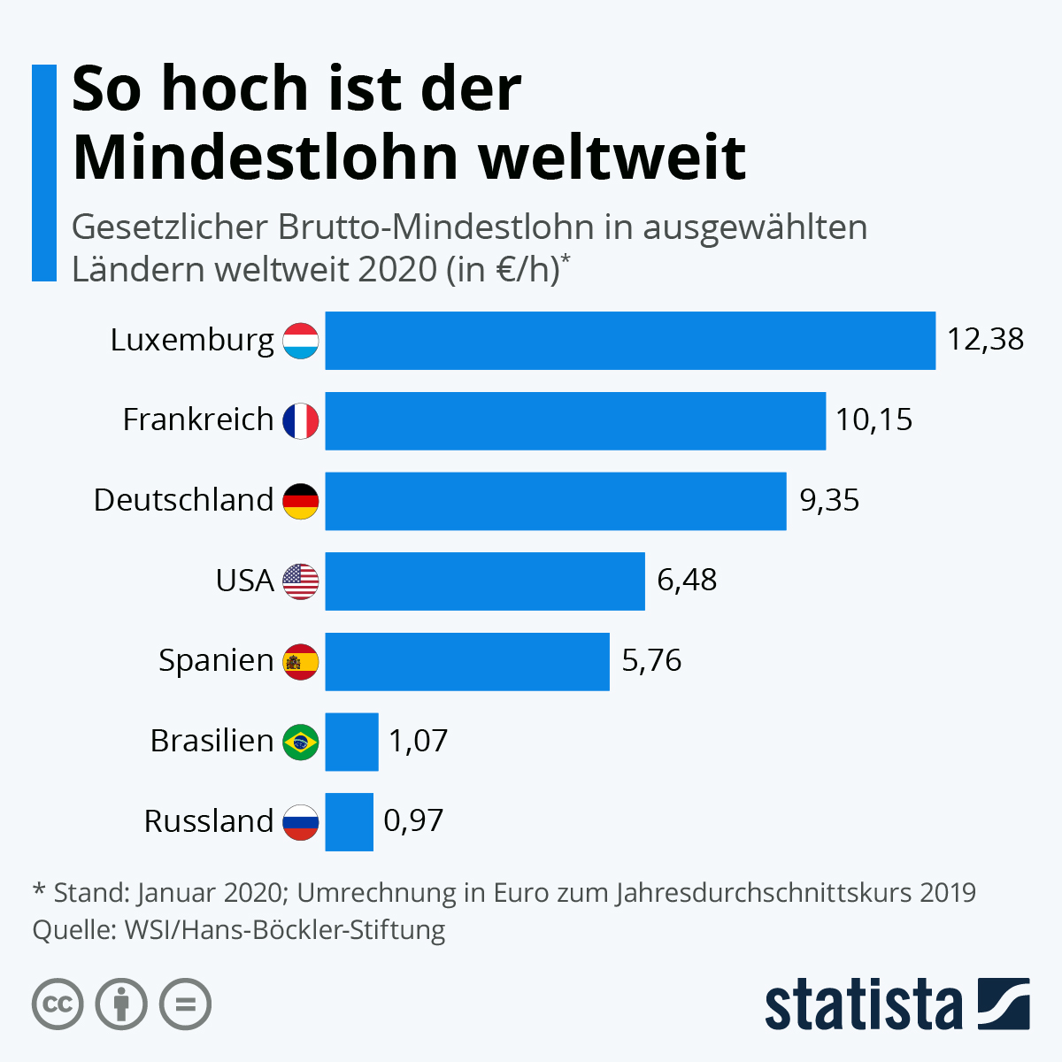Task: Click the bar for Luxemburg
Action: click(x=630, y=341)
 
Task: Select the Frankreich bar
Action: click(x=575, y=421)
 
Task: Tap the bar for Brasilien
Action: click(x=351, y=742)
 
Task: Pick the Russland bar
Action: click(x=349, y=822)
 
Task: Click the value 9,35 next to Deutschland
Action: click(x=829, y=501)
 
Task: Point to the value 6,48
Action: click(x=687, y=581)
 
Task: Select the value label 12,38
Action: click(x=985, y=340)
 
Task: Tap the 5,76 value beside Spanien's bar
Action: click(x=651, y=661)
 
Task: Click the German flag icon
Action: click(x=301, y=502)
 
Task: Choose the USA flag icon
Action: click(x=301, y=581)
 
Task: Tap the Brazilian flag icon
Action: click(x=301, y=742)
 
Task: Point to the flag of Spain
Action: click(x=301, y=662)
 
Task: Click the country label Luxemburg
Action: click(x=192, y=341)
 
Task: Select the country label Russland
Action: click(x=209, y=822)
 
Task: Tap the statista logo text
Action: click(x=863, y=1004)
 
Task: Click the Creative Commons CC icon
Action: click(x=58, y=1004)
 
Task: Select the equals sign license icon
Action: click(x=185, y=1004)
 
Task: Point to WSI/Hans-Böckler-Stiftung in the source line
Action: click(x=285, y=930)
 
